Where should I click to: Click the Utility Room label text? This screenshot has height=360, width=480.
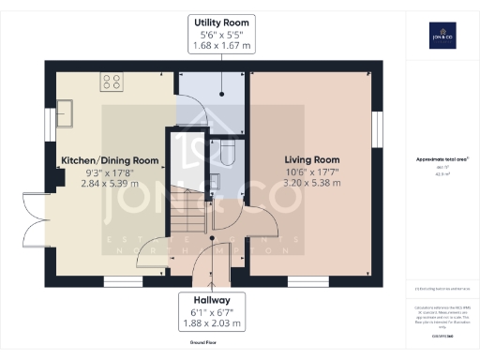coord(221,21)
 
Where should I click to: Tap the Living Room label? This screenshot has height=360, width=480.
coord(312,159)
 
